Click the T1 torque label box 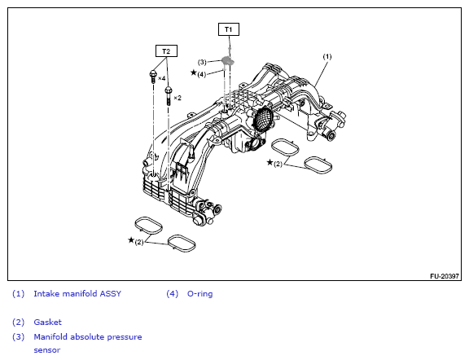click(229, 29)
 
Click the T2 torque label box click(166, 51)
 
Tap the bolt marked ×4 click(153, 77)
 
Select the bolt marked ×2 click(168, 94)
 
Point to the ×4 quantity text click(161, 78)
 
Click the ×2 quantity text click(178, 98)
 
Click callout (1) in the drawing click(327, 56)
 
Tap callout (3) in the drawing click(202, 62)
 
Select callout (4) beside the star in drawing click(202, 74)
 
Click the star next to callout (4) click(194, 72)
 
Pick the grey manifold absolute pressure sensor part click(228, 61)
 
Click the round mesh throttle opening click(263, 119)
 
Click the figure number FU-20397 click(445, 276)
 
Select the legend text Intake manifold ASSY click(77, 293)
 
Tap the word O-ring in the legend click(199, 294)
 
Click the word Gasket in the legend click(47, 323)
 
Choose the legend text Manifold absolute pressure click(88, 337)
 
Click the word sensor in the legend click(47, 350)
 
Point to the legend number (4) click(173, 294)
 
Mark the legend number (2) click(18, 323)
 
